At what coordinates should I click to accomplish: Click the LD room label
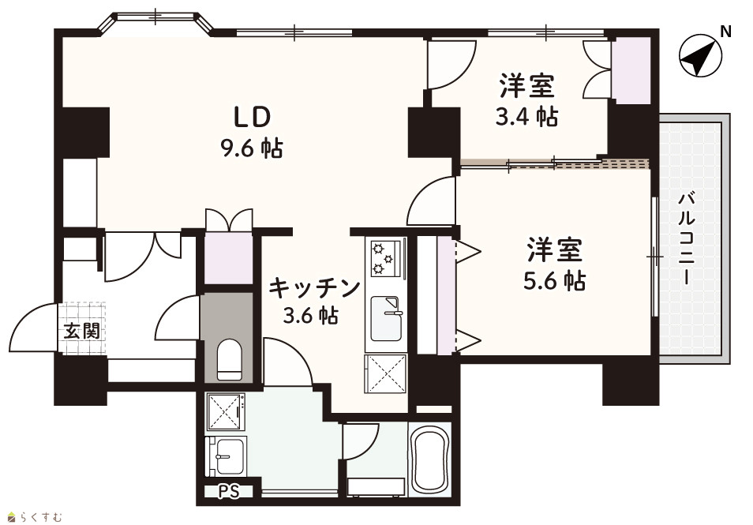coord(252,117)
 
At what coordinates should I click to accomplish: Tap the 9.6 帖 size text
coord(252,148)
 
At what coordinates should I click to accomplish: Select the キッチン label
coord(314,287)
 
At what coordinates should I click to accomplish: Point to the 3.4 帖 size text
coord(526,117)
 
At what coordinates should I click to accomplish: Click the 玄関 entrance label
coord(82,331)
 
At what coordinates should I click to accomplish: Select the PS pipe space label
coord(229,492)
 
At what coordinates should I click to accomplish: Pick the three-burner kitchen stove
coord(386,258)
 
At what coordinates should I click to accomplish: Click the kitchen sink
coord(386,318)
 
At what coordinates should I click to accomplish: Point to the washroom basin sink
coord(227,456)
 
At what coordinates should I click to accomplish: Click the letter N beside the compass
coord(725,32)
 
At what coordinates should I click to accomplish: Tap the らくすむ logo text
coord(41,517)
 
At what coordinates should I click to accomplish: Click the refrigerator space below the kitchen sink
coord(386,373)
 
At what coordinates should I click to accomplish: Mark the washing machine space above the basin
coord(226,411)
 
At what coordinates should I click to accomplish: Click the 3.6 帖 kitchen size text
coord(311,316)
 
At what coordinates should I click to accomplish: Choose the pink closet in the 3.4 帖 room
coord(630,70)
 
